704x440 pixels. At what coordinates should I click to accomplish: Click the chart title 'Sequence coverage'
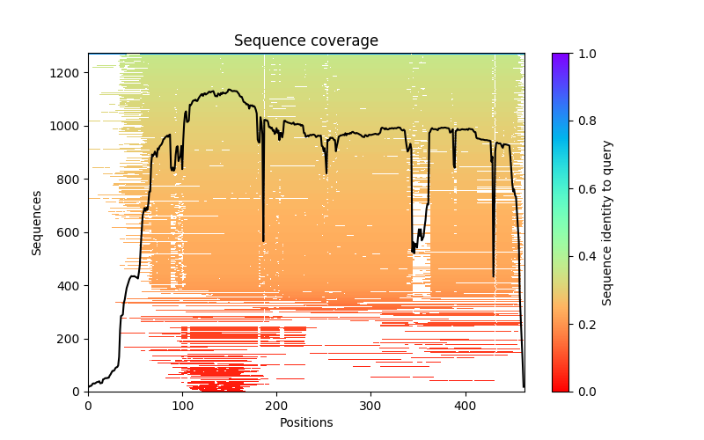point(306,41)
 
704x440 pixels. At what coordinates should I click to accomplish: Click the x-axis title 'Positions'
point(306,422)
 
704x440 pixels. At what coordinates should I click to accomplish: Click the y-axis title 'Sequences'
point(37,223)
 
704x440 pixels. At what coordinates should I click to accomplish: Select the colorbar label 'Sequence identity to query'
point(607,223)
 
